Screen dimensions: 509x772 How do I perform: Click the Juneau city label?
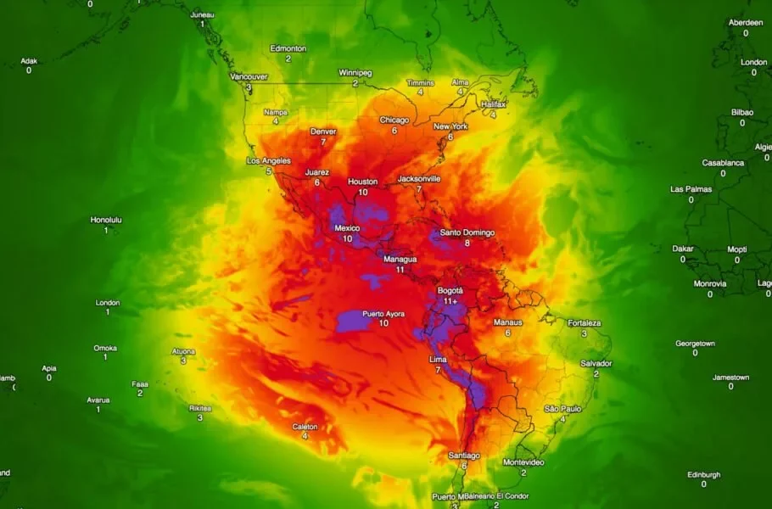pyautogui.click(x=202, y=14)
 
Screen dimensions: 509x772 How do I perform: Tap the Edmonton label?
pyautogui.click(x=288, y=48)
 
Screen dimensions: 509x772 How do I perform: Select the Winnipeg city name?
pyautogui.click(x=355, y=73)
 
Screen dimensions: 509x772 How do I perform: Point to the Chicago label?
pyautogui.click(x=394, y=120)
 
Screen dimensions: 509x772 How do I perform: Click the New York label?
pyautogui.click(x=450, y=126)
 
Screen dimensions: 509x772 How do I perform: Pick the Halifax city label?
pyautogui.click(x=493, y=103)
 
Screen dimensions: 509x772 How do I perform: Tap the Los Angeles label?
pyautogui.click(x=268, y=161)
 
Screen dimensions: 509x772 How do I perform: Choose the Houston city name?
pyautogui.click(x=362, y=182)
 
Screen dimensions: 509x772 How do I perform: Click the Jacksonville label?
pyautogui.click(x=418, y=179)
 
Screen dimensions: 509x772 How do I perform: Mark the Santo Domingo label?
pyautogui.click(x=467, y=232)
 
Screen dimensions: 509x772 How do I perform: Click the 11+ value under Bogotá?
pyautogui.click(x=450, y=301)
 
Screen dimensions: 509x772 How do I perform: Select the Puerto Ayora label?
pyautogui.click(x=383, y=314)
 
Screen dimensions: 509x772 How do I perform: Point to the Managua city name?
pyautogui.click(x=400, y=259)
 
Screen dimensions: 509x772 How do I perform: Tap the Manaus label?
pyautogui.click(x=507, y=322)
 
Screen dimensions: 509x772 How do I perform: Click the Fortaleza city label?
pyautogui.click(x=584, y=323)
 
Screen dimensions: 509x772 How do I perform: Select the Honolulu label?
pyautogui.click(x=106, y=220)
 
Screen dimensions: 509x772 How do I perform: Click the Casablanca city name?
pyautogui.click(x=723, y=163)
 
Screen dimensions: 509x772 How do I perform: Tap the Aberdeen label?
pyautogui.click(x=746, y=22)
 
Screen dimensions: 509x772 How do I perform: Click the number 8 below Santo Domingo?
pyautogui.click(x=467, y=243)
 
